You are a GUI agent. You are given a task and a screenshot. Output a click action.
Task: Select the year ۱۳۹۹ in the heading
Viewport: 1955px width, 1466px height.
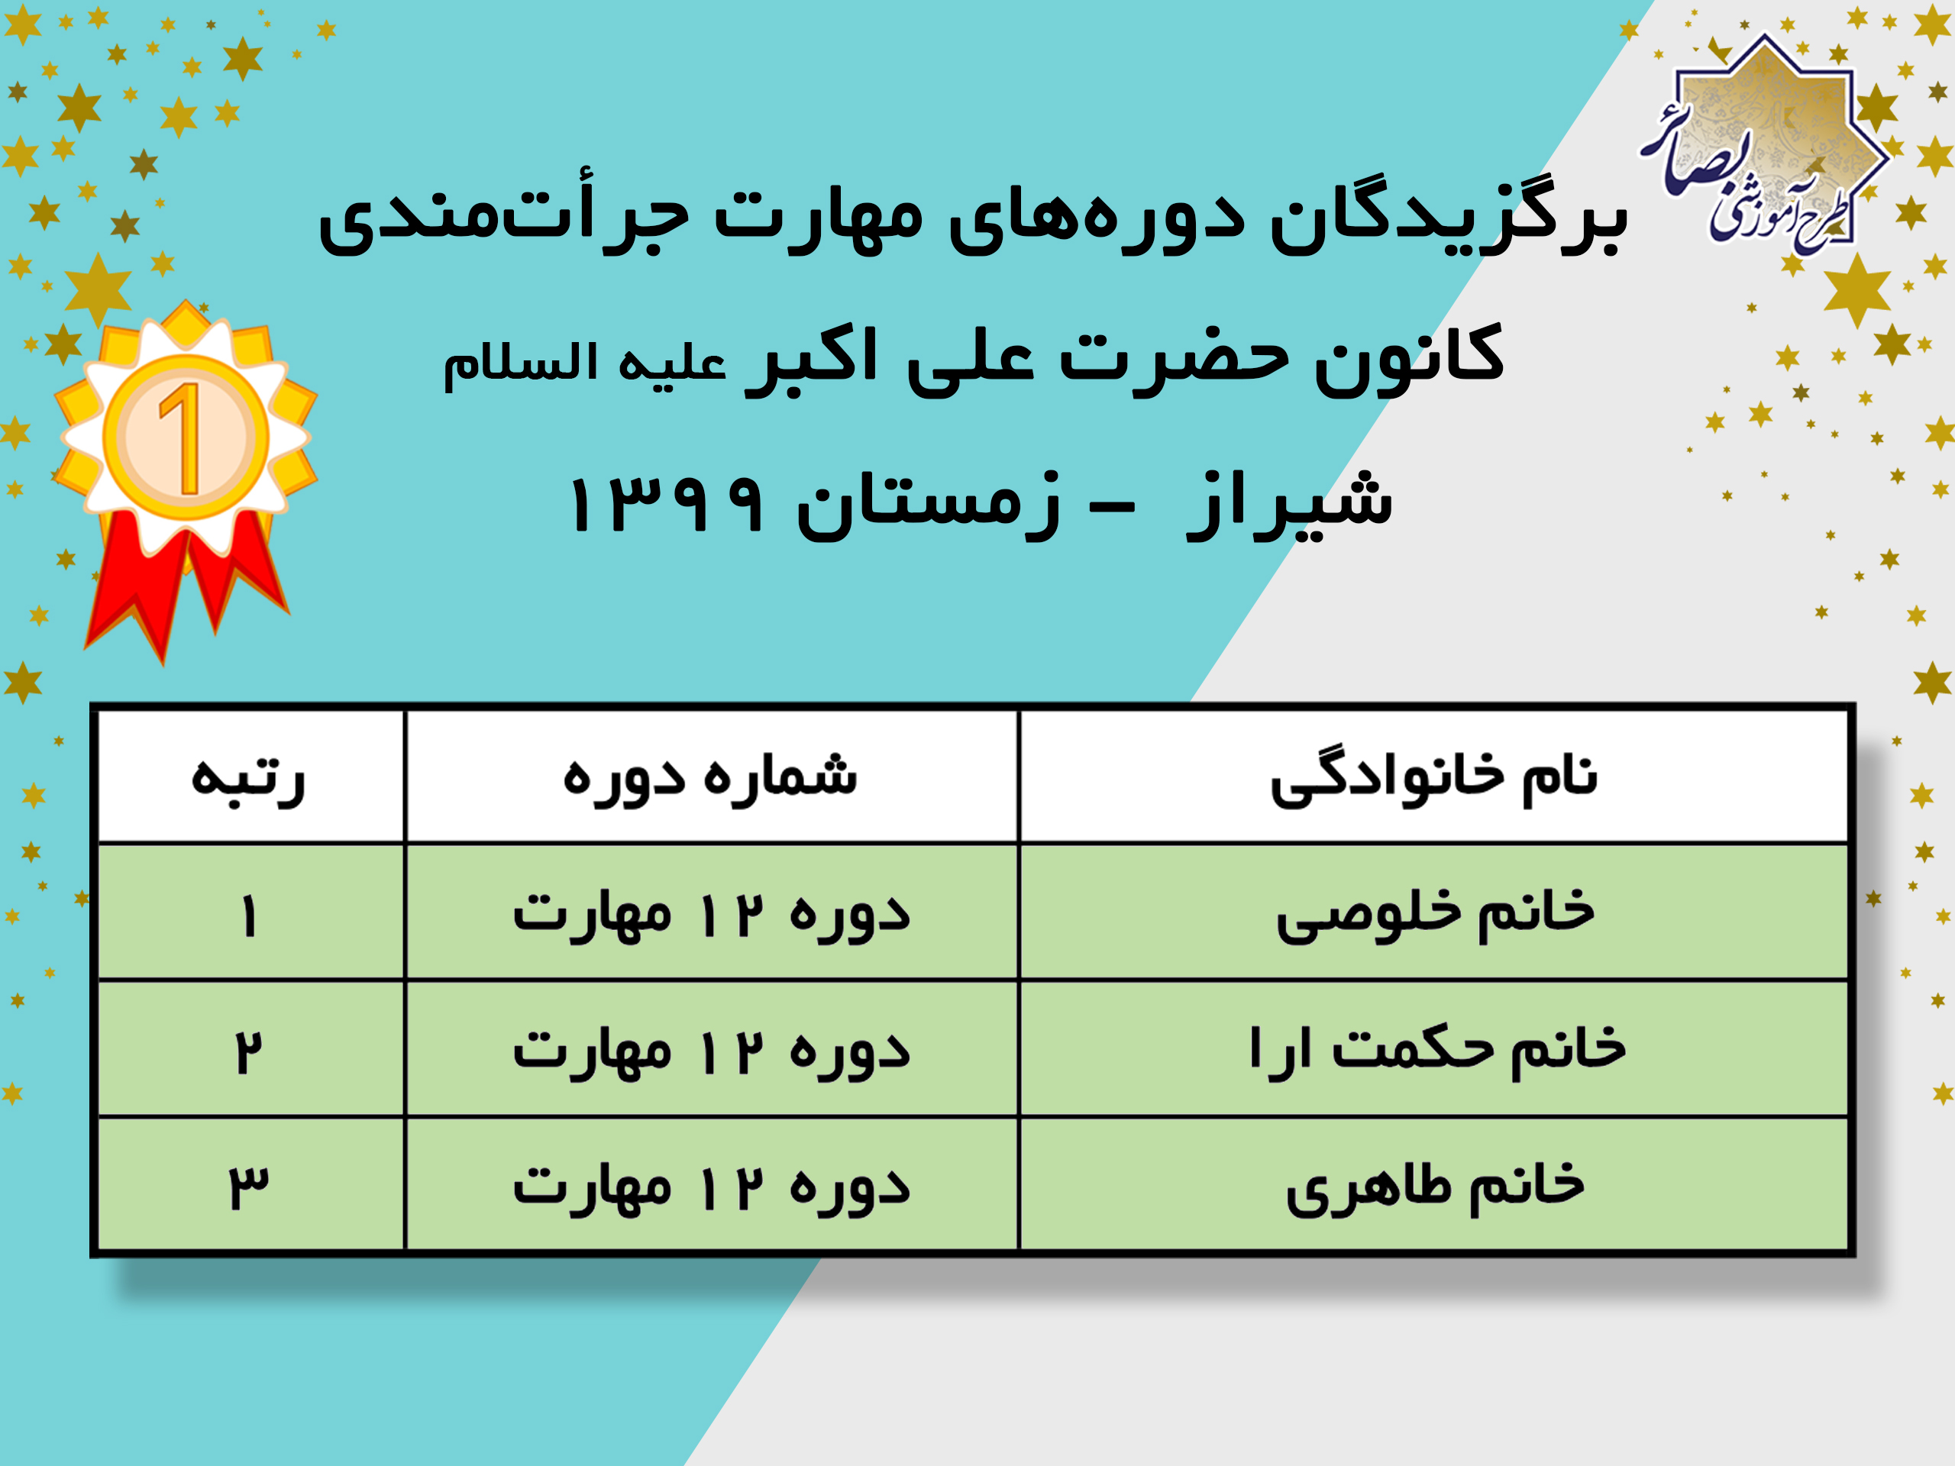(667, 504)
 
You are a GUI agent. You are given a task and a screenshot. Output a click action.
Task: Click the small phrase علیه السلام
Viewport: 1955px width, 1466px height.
(584, 364)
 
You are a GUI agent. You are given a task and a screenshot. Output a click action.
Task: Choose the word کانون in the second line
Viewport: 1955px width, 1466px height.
(1410, 358)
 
